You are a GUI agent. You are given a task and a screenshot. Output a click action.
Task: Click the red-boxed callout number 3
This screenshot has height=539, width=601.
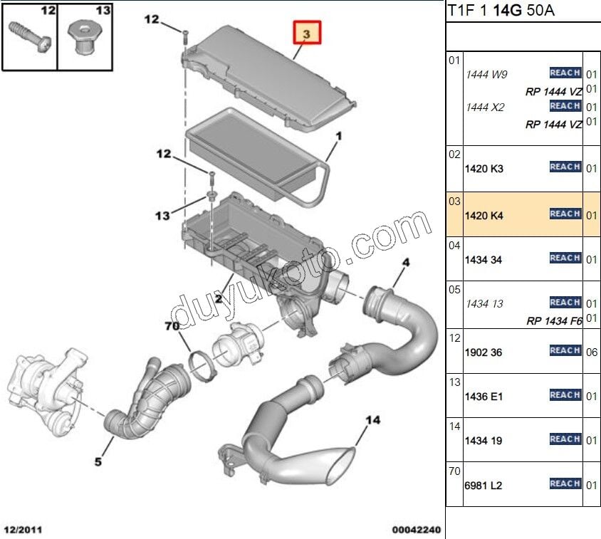tap(306, 33)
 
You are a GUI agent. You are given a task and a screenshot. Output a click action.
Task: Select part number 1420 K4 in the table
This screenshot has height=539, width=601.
tap(484, 215)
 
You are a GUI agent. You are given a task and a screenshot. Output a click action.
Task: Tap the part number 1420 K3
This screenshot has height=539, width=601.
tap(484, 169)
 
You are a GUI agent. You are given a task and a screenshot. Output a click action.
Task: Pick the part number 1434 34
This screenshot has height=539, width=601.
tap(484, 260)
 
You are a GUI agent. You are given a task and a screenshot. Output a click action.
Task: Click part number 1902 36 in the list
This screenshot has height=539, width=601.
tap(484, 352)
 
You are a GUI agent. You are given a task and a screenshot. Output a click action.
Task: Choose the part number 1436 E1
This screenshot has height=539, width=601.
tap(484, 397)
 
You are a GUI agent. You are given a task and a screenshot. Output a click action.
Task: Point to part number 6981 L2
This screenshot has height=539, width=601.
tap(484, 486)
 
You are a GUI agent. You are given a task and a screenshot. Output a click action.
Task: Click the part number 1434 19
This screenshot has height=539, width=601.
tap(484, 441)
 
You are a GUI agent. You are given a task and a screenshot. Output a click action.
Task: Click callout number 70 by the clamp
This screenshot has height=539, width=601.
tap(172, 328)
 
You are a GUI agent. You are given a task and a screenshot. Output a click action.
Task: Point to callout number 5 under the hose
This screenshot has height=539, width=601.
tap(98, 462)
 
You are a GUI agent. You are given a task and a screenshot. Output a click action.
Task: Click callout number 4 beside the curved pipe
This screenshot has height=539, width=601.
tap(405, 263)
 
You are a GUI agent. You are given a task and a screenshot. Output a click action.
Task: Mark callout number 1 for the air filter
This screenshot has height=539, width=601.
tap(339, 135)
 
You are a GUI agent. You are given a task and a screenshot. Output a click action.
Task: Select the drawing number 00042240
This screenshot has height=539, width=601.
tap(417, 530)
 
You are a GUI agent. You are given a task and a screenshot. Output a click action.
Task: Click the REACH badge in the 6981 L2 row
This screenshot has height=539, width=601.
tap(565, 484)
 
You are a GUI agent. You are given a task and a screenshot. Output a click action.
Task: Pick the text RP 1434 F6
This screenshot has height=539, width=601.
tap(554, 321)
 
